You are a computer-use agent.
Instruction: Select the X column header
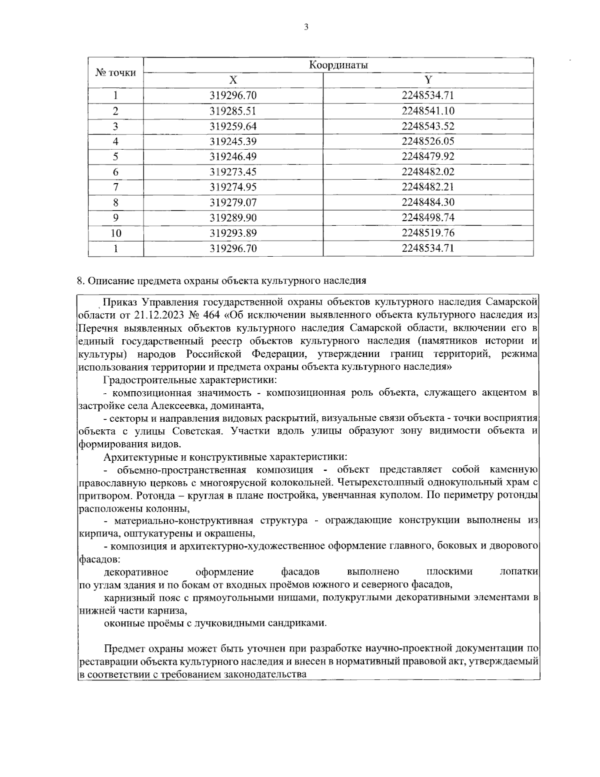[x=233, y=80]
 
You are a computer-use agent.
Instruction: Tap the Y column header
[x=428, y=80]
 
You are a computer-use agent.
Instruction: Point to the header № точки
[x=115, y=73]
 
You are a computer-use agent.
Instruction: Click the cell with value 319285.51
[x=233, y=111]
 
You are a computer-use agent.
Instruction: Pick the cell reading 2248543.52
[x=428, y=126]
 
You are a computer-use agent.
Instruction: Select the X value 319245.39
[x=233, y=142]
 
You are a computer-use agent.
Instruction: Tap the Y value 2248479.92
[x=428, y=157]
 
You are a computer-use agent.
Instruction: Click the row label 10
[x=115, y=233]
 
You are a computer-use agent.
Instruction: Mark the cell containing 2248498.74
[x=428, y=218]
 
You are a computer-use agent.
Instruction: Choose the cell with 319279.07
[x=233, y=203]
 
